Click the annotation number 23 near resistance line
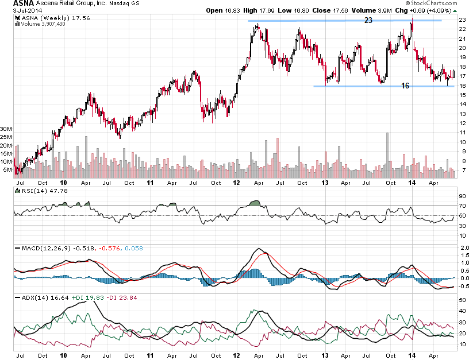368,20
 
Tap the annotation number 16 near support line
405,86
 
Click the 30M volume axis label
7,129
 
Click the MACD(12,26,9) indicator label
40,248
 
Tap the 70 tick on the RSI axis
461,206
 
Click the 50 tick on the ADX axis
461,300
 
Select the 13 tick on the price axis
461,114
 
